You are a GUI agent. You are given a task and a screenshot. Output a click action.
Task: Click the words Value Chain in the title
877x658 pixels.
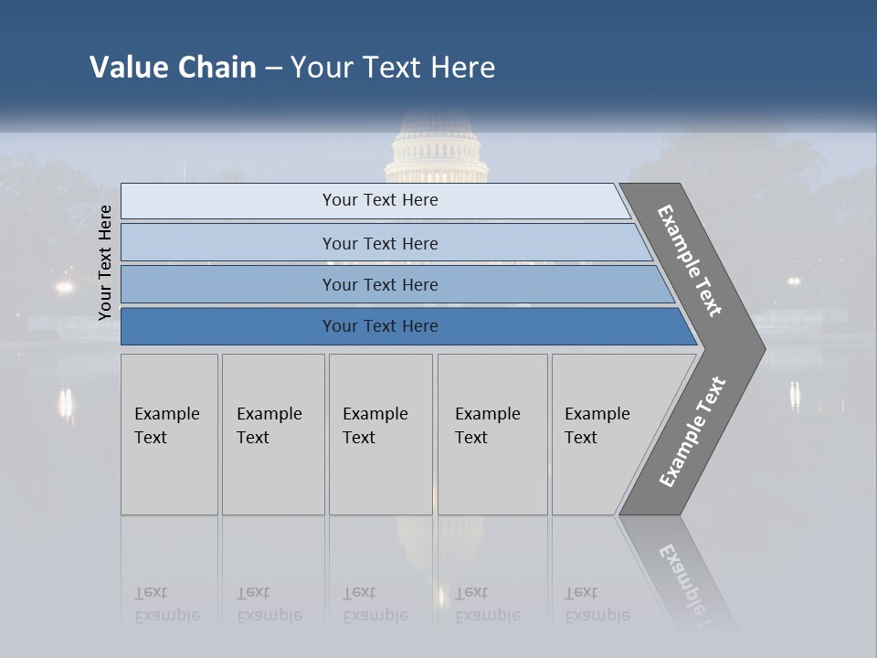[x=173, y=68]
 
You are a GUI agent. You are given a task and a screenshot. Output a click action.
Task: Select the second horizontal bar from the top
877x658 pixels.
[x=380, y=243]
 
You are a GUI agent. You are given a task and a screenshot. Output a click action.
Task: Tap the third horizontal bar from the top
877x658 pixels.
[x=380, y=284]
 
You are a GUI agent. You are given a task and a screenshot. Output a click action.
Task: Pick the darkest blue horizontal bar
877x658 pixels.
[x=380, y=326]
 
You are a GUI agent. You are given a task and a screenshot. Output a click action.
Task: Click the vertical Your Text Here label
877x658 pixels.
[x=105, y=262]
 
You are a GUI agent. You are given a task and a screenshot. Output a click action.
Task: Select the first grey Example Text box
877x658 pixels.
[x=169, y=434]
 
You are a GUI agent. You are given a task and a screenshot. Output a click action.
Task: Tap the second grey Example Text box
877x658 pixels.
[x=273, y=434]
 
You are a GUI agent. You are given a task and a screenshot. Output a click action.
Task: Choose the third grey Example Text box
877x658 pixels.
[x=380, y=434]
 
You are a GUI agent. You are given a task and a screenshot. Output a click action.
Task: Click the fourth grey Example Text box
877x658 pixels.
[x=492, y=434]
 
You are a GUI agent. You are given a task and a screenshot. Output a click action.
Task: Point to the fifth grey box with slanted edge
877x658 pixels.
[x=603, y=434]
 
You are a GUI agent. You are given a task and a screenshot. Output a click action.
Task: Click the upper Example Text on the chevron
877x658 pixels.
[x=690, y=260]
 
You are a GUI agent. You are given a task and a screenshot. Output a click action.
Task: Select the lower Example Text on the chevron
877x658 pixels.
[x=692, y=432]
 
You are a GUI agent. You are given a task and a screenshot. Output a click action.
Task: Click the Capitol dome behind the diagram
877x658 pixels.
[x=436, y=151]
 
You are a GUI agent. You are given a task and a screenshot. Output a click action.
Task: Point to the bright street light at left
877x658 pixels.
[x=63, y=287]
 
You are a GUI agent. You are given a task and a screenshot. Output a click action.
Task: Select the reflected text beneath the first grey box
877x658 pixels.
[x=167, y=604]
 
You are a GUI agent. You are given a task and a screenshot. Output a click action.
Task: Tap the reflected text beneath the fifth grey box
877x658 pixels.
[x=597, y=604]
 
